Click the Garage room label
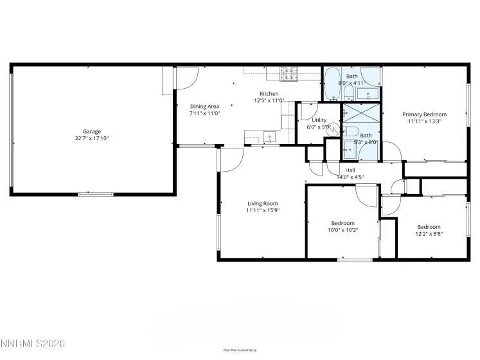[x=91, y=131]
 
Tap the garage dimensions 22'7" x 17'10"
[x=91, y=138]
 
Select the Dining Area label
[x=204, y=106]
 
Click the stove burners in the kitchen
[x=289, y=75]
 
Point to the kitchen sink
[x=269, y=136]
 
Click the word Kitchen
[x=269, y=94]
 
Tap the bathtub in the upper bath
[x=332, y=84]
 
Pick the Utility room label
[x=319, y=120]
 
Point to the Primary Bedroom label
[x=424, y=114]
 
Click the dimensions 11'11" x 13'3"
[x=424, y=122]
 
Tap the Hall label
[x=350, y=170]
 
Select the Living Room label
[x=263, y=204]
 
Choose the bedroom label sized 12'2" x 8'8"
[x=429, y=227]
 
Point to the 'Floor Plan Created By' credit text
[x=240, y=350]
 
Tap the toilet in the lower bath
[x=351, y=133]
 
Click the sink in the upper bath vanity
[x=369, y=95]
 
